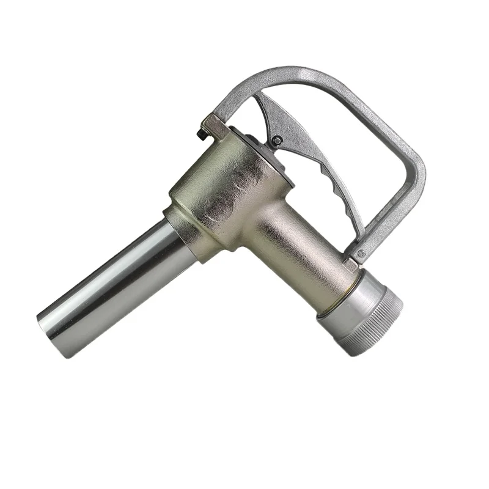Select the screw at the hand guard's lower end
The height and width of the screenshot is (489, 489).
click(x=360, y=252)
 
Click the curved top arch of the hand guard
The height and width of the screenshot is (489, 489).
click(x=306, y=76)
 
